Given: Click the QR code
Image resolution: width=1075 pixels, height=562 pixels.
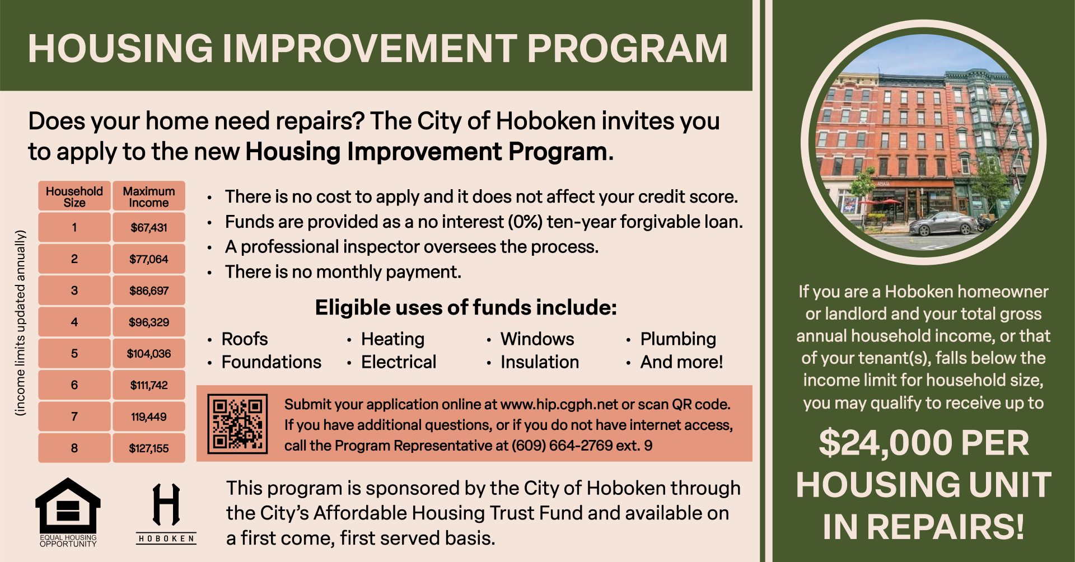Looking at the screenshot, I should tap(237, 424).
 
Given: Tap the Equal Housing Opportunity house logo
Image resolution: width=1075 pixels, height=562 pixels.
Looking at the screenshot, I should tap(68, 507).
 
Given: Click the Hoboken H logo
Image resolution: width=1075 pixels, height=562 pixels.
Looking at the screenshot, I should tap(166, 505).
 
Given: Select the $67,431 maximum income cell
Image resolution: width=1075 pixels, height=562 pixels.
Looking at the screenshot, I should tap(149, 228).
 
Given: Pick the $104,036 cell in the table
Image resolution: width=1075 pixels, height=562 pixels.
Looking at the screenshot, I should tap(149, 354).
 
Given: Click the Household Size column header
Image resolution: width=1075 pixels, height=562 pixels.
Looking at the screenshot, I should tap(74, 196).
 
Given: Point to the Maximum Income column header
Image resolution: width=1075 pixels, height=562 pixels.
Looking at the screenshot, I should tap(149, 196).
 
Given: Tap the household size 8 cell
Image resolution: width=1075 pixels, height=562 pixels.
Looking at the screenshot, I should tap(74, 448).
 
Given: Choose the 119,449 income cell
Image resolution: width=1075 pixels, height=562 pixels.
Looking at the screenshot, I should tap(149, 417).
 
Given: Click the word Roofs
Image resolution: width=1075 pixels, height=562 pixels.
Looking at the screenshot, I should tap(245, 339).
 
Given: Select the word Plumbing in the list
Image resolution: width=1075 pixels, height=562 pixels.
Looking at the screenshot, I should tap(678, 339).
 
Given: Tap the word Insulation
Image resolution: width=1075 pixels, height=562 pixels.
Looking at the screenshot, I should tap(540, 362).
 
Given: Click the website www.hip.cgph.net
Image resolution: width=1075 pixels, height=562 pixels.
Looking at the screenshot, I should tap(559, 405).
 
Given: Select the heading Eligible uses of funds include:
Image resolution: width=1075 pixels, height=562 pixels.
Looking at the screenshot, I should tap(466, 307).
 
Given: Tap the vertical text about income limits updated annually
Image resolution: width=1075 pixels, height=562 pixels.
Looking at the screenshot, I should tap(21, 322).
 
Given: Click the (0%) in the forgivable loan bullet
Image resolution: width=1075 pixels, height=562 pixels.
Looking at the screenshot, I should tap(525, 222).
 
